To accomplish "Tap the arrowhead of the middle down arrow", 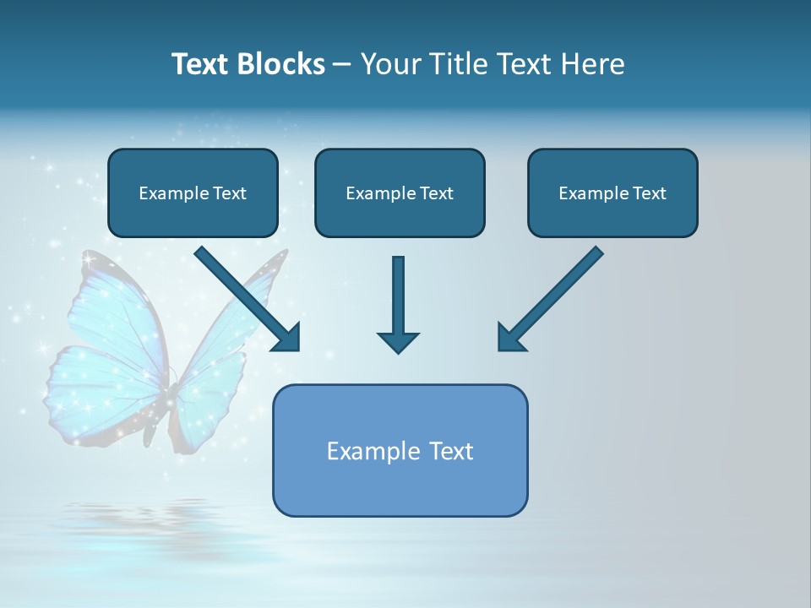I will [x=398, y=342].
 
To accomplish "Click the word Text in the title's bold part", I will [x=199, y=64].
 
